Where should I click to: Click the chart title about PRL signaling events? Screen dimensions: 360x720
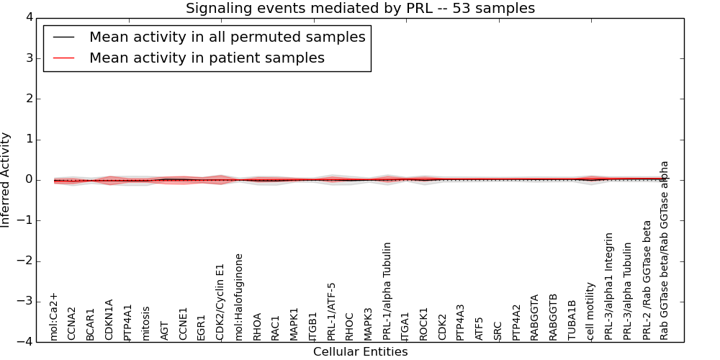click(x=360, y=9)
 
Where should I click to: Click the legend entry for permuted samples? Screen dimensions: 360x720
click(x=227, y=37)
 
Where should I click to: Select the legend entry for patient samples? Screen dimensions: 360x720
click(x=207, y=58)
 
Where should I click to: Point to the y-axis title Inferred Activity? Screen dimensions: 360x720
click(x=6, y=180)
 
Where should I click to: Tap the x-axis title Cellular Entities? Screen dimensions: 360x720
click(x=360, y=352)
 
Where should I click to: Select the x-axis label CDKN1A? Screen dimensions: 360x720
click(x=109, y=320)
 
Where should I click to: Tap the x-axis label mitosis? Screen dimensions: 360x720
click(x=146, y=323)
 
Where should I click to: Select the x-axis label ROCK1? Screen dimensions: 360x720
click(x=424, y=324)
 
